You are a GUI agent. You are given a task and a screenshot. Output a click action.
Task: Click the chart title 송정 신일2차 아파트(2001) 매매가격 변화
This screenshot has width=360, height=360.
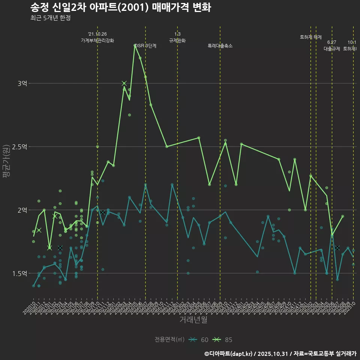120,7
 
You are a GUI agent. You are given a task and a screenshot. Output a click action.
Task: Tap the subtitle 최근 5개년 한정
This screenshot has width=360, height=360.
50,18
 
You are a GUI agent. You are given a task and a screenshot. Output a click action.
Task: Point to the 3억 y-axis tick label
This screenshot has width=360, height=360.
22,83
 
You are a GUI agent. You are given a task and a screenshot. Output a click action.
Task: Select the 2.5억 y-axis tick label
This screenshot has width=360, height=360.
20,147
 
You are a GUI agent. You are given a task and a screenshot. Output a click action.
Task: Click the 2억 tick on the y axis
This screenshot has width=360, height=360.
22,210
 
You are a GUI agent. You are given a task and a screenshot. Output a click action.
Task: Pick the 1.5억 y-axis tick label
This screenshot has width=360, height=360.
20,273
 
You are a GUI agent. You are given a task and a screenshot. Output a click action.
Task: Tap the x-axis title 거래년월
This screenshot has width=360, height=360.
193,320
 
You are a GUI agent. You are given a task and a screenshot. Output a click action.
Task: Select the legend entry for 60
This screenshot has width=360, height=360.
199,340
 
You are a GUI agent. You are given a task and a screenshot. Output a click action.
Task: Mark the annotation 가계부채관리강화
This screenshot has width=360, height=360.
97,40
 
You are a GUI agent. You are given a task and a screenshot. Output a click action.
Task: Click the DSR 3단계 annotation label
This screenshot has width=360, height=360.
145,46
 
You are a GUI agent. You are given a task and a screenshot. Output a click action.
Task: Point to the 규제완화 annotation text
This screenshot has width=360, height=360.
177,40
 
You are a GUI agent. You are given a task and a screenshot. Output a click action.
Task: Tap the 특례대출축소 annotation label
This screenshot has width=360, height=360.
220,46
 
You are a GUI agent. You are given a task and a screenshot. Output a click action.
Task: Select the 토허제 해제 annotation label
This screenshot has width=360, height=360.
311,37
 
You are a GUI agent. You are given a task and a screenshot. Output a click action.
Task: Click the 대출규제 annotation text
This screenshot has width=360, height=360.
331,49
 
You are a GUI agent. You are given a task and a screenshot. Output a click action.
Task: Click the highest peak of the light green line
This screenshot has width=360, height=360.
135,45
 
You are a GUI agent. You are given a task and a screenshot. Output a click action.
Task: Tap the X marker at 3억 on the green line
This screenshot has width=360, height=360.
124,83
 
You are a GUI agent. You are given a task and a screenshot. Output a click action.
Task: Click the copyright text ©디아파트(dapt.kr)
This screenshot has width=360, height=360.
229,354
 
